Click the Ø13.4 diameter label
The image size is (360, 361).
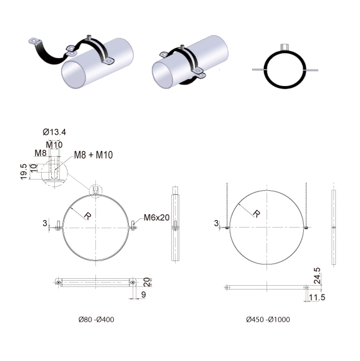[x=54, y=132]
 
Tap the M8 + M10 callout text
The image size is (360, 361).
[x=93, y=155]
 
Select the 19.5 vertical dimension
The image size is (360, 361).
[x=24, y=171]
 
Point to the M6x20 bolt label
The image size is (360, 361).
[x=157, y=217]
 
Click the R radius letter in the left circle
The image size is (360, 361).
[x=88, y=216]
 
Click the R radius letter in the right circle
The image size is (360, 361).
[x=256, y=214]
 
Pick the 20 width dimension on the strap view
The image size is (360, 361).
[x=147, y=282]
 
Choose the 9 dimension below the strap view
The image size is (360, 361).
[x=143, y=295]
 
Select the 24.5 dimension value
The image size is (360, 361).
[x=317, y=276]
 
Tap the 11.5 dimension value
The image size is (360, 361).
[x=317, y=297]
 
